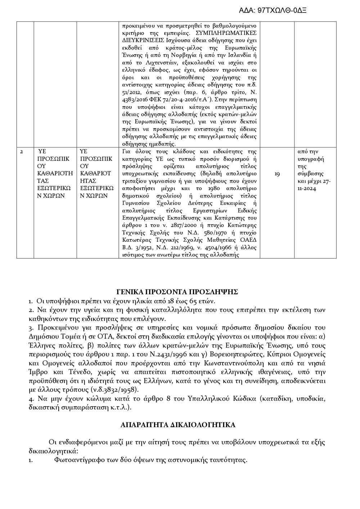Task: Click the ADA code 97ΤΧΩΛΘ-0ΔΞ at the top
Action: coord(273,10)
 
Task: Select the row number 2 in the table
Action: coord(22,151)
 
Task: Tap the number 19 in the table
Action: coord(277,174)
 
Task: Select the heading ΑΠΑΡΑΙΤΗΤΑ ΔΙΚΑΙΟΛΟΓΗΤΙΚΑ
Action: coord(178,425)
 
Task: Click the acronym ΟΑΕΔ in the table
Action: coord(248,240)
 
